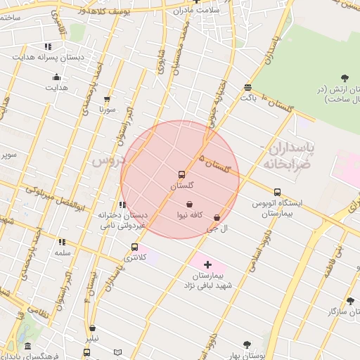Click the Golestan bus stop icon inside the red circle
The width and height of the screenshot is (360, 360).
pyautogui.click(x=181, y=174)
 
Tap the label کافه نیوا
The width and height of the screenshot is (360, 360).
pyautogui.click(x=190, y=214)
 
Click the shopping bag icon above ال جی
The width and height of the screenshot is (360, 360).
pyautogui.click(x=216, y=218)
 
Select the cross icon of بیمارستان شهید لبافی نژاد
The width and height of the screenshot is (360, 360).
pyautogui.click(x=207, y=264)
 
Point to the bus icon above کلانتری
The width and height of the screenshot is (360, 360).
pyautogui.click(x=134, y=247)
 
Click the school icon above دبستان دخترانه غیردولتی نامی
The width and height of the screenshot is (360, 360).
pyautogui.click(x=122, y=205)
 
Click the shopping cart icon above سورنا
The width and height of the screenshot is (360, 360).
pyautogui.click(x=107, y=99)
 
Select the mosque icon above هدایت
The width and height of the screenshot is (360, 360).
pyautogui.click(x=56, y=77)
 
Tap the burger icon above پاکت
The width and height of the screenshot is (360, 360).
pyautogui.click(x=247, y=87)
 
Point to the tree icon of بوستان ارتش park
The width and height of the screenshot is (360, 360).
pyautogui.click(x=344, y=77)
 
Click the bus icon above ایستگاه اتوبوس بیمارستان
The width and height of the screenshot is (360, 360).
pyautogui.click(x=277, y=192)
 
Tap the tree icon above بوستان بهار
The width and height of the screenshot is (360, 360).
pyautogui.click(x=246, y=345)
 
